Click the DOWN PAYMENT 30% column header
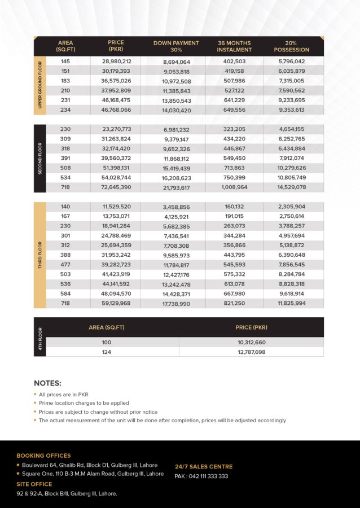pos(176,46)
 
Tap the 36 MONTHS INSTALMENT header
pos(234,46)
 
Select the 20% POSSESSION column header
pos(291,46)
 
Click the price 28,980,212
pos(117,61)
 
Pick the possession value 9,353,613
pos(292,110)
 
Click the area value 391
pos(65,158)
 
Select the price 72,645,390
pos(117,186)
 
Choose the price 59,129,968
pos(117,303)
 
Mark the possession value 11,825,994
pos(292,303)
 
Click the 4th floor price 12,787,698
pos(251,352)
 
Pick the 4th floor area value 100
pos(107,342)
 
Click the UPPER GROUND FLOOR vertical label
pos(40,86)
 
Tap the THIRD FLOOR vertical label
pos(40,255)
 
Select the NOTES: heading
pos(47,383)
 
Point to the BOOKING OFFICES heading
pos(43,456)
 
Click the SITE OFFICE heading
pos(34,484)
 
